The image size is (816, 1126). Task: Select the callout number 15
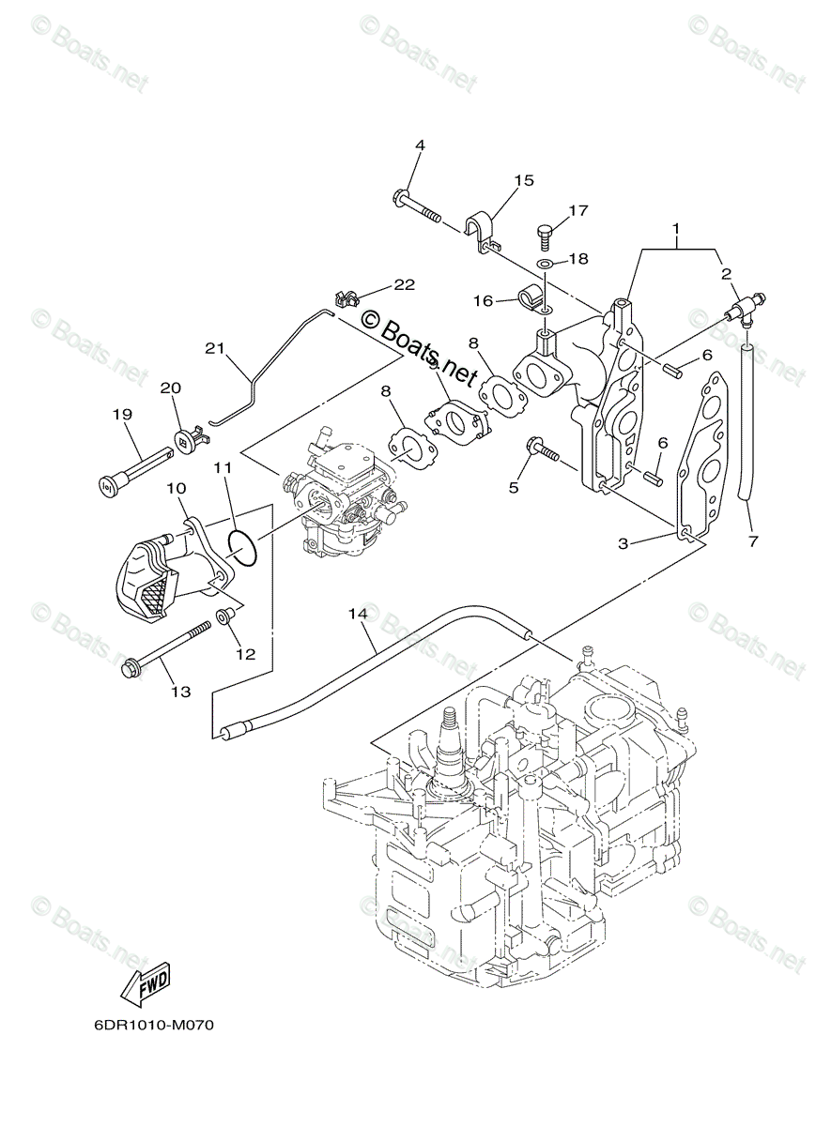coord(523,180)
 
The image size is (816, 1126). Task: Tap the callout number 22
coord(403,284)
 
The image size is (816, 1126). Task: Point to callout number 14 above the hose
coord(356,615)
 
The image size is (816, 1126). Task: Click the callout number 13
coord(179,692)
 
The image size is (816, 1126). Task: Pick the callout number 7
coord(752,541)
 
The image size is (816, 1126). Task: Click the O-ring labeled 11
coord(242,548)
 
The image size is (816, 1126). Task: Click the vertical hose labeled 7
coord(747,422)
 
